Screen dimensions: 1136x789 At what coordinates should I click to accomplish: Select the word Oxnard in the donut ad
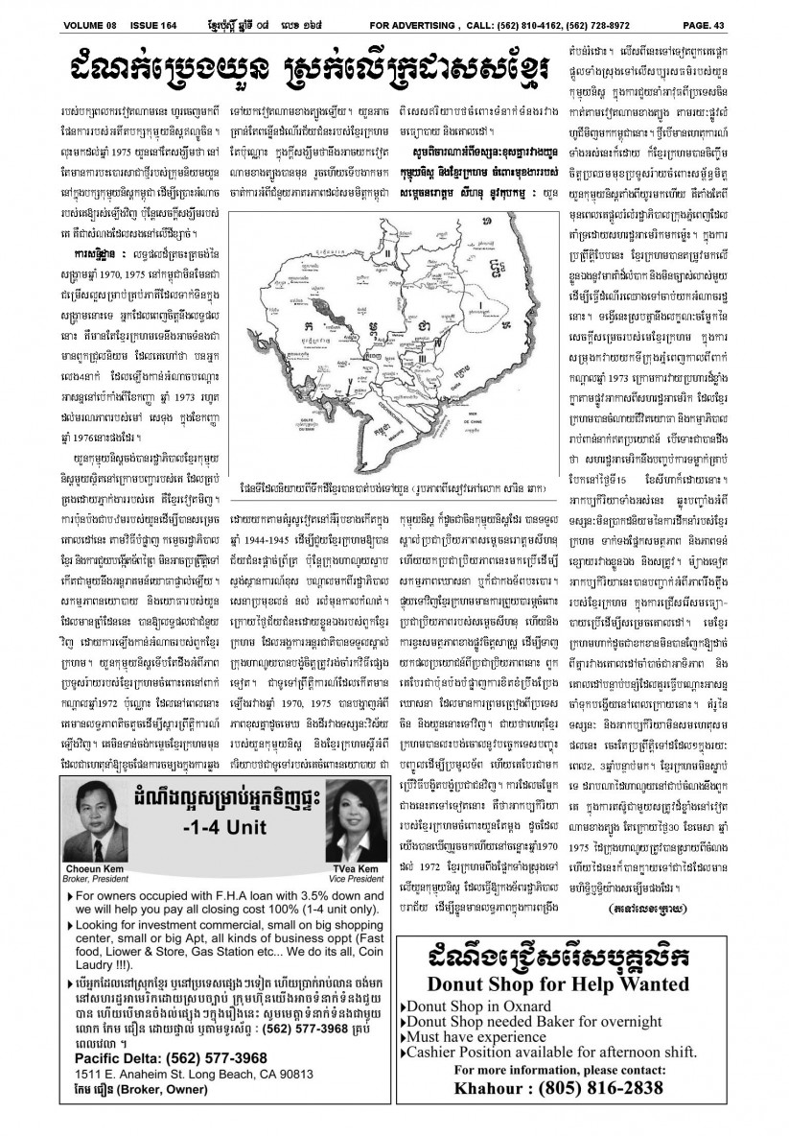tap(524, 1006)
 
